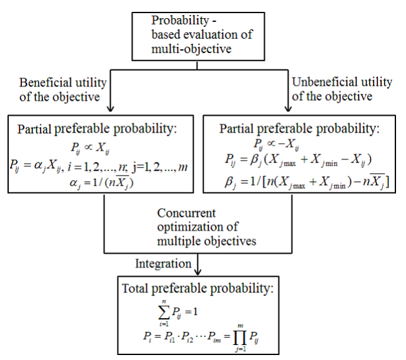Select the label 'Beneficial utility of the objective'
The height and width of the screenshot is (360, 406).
tap(62, 89)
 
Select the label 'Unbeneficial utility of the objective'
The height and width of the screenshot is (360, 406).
tap(342, 89)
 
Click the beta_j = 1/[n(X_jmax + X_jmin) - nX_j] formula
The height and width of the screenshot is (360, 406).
tap(302, 182)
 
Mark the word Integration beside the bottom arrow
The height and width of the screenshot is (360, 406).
tap(164, 264)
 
